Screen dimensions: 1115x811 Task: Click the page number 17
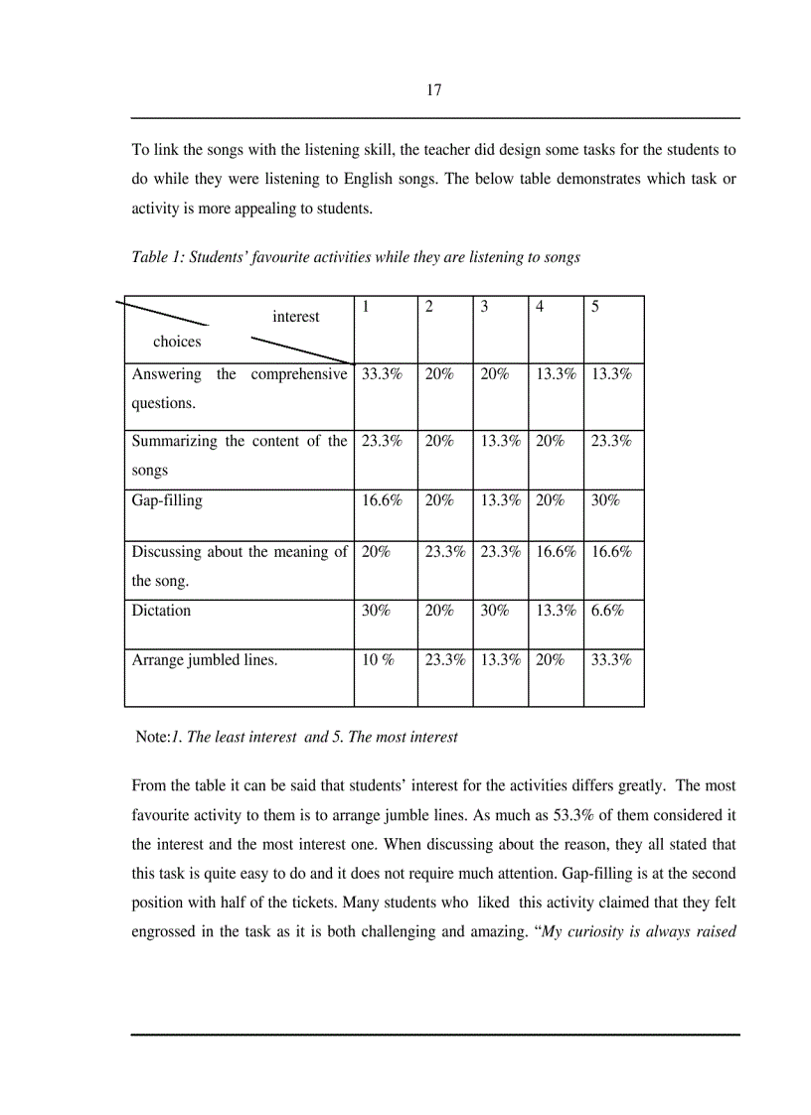coord(433,90)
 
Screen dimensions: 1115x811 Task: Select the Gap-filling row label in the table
coord(166,501)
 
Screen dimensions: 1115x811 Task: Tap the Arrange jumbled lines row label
coord(204,660)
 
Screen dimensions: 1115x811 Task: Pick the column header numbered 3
coord(484,307)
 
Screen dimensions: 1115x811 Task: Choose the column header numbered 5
coord(594,307)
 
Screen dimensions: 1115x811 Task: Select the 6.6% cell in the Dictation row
coord(607,611)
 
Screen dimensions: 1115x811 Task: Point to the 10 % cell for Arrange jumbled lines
coord(377,660)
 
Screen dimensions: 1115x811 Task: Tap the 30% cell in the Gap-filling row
coord(604,501)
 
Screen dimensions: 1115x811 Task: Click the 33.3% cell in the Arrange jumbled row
coord(611,660)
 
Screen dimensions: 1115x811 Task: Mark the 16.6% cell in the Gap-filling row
coord(382,501)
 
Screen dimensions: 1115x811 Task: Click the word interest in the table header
coord(296,317)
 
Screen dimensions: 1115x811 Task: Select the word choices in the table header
coord(177,342)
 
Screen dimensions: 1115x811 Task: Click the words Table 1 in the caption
coord(157,257)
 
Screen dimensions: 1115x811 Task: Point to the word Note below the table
coord(151,737)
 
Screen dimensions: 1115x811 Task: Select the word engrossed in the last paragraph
coord(167,934)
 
